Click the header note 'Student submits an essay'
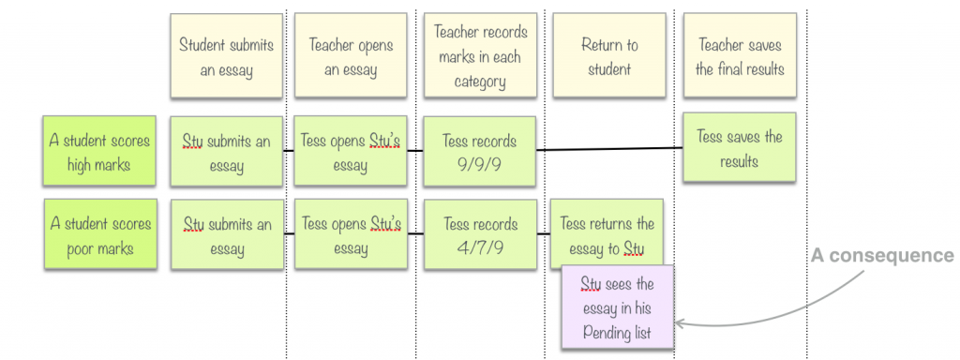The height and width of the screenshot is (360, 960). [226, 56]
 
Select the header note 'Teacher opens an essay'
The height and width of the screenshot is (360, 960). [351, 56]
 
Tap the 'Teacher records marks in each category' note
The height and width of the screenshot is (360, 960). [481, 56]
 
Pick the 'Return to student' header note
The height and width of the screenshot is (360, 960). [609, 56]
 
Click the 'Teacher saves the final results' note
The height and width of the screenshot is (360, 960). [740, 56]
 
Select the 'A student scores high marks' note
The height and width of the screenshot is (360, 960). [100, 152]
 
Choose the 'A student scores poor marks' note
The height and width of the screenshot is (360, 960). [100, 235]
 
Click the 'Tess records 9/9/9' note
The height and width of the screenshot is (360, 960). [480, 152]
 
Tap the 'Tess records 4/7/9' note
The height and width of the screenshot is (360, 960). [480, 235]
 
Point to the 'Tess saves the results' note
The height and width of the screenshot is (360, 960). [739, 148]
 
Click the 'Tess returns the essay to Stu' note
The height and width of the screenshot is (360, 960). [607, 235]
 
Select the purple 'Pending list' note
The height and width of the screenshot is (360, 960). [617, 307]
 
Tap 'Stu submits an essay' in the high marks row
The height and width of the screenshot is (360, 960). [226, 152]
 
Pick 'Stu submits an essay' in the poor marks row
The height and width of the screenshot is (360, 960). [226, 235]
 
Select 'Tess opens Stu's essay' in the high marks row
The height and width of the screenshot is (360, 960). [351, 152]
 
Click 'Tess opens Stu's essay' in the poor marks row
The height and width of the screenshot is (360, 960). [351, 235]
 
